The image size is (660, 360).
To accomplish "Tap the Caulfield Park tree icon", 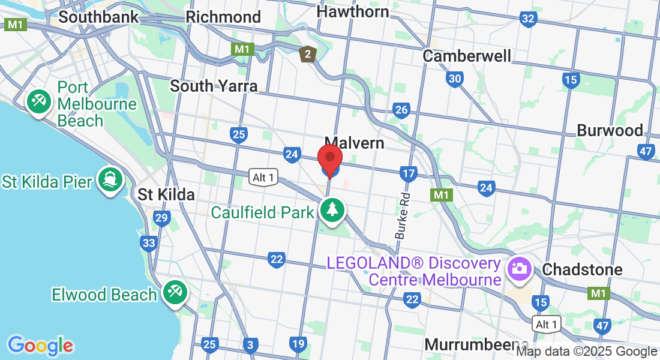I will tap(333, 210).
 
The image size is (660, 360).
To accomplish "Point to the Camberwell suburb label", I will tap(467, 56).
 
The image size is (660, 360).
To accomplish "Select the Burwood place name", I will tap(610, 130).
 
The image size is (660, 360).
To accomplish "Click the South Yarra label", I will tap(214, 86).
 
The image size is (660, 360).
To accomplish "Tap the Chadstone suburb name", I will tap(582, 269).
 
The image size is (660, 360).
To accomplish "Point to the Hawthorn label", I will tap(352, 11).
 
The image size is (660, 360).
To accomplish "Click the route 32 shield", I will tap(528, 19).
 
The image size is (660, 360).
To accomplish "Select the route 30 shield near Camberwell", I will tap(454, 79).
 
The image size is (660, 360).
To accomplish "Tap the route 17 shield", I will tap(408, 174).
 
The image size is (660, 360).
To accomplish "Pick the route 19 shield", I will tap(298, 344).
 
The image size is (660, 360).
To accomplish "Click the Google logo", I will tap(40, 346).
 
